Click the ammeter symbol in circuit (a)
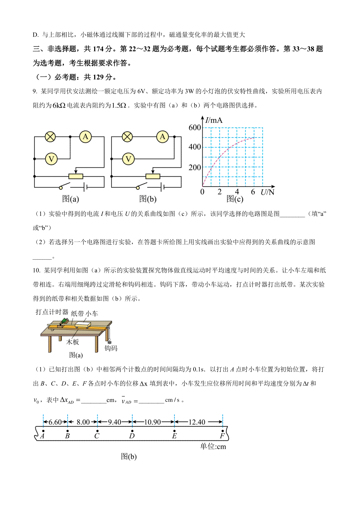coord(85,137)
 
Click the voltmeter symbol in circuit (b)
coord(128,159)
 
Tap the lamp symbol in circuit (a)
coord(50,137)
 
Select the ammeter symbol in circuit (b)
coord(163,137)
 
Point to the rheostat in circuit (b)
coord(153,176)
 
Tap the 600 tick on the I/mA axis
coord(195,128)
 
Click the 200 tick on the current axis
coord(195,167)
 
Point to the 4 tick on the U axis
coord(237,192)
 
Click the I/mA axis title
coord(214,121)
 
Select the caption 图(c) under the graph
coord(235,199)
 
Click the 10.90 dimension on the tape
coord(153,422)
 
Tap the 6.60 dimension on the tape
coord(55,422)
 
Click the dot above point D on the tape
coord(132,431)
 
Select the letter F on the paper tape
coord(222,436)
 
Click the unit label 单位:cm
coord(213,447)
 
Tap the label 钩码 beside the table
coord(111,348)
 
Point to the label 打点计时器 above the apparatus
coord(52,312)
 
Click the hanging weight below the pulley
coord(109,341)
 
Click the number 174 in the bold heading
coord(98,49)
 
